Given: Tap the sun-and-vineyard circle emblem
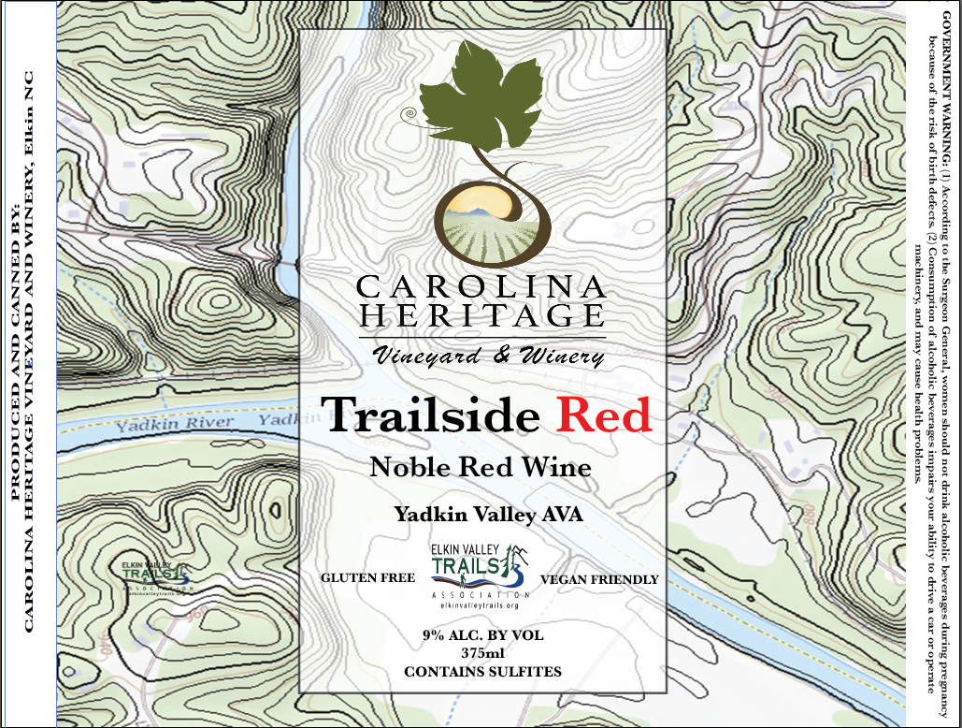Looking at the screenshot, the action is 481,221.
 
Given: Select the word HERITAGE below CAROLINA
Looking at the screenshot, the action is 481,315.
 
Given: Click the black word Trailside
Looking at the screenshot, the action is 429,415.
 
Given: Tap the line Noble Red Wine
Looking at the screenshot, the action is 481,466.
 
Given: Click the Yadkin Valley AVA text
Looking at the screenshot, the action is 481,514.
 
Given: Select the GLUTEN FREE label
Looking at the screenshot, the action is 367,578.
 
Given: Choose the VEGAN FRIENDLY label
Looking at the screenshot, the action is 599,579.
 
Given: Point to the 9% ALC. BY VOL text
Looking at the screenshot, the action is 481,635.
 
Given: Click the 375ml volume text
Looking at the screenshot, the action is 481,653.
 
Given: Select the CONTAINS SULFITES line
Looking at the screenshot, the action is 481,671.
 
